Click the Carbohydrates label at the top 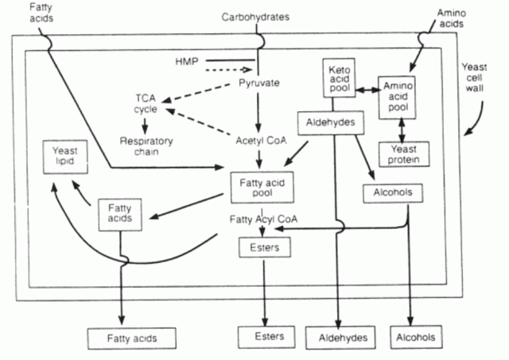254,15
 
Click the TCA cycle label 149,103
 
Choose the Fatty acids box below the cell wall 133,338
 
